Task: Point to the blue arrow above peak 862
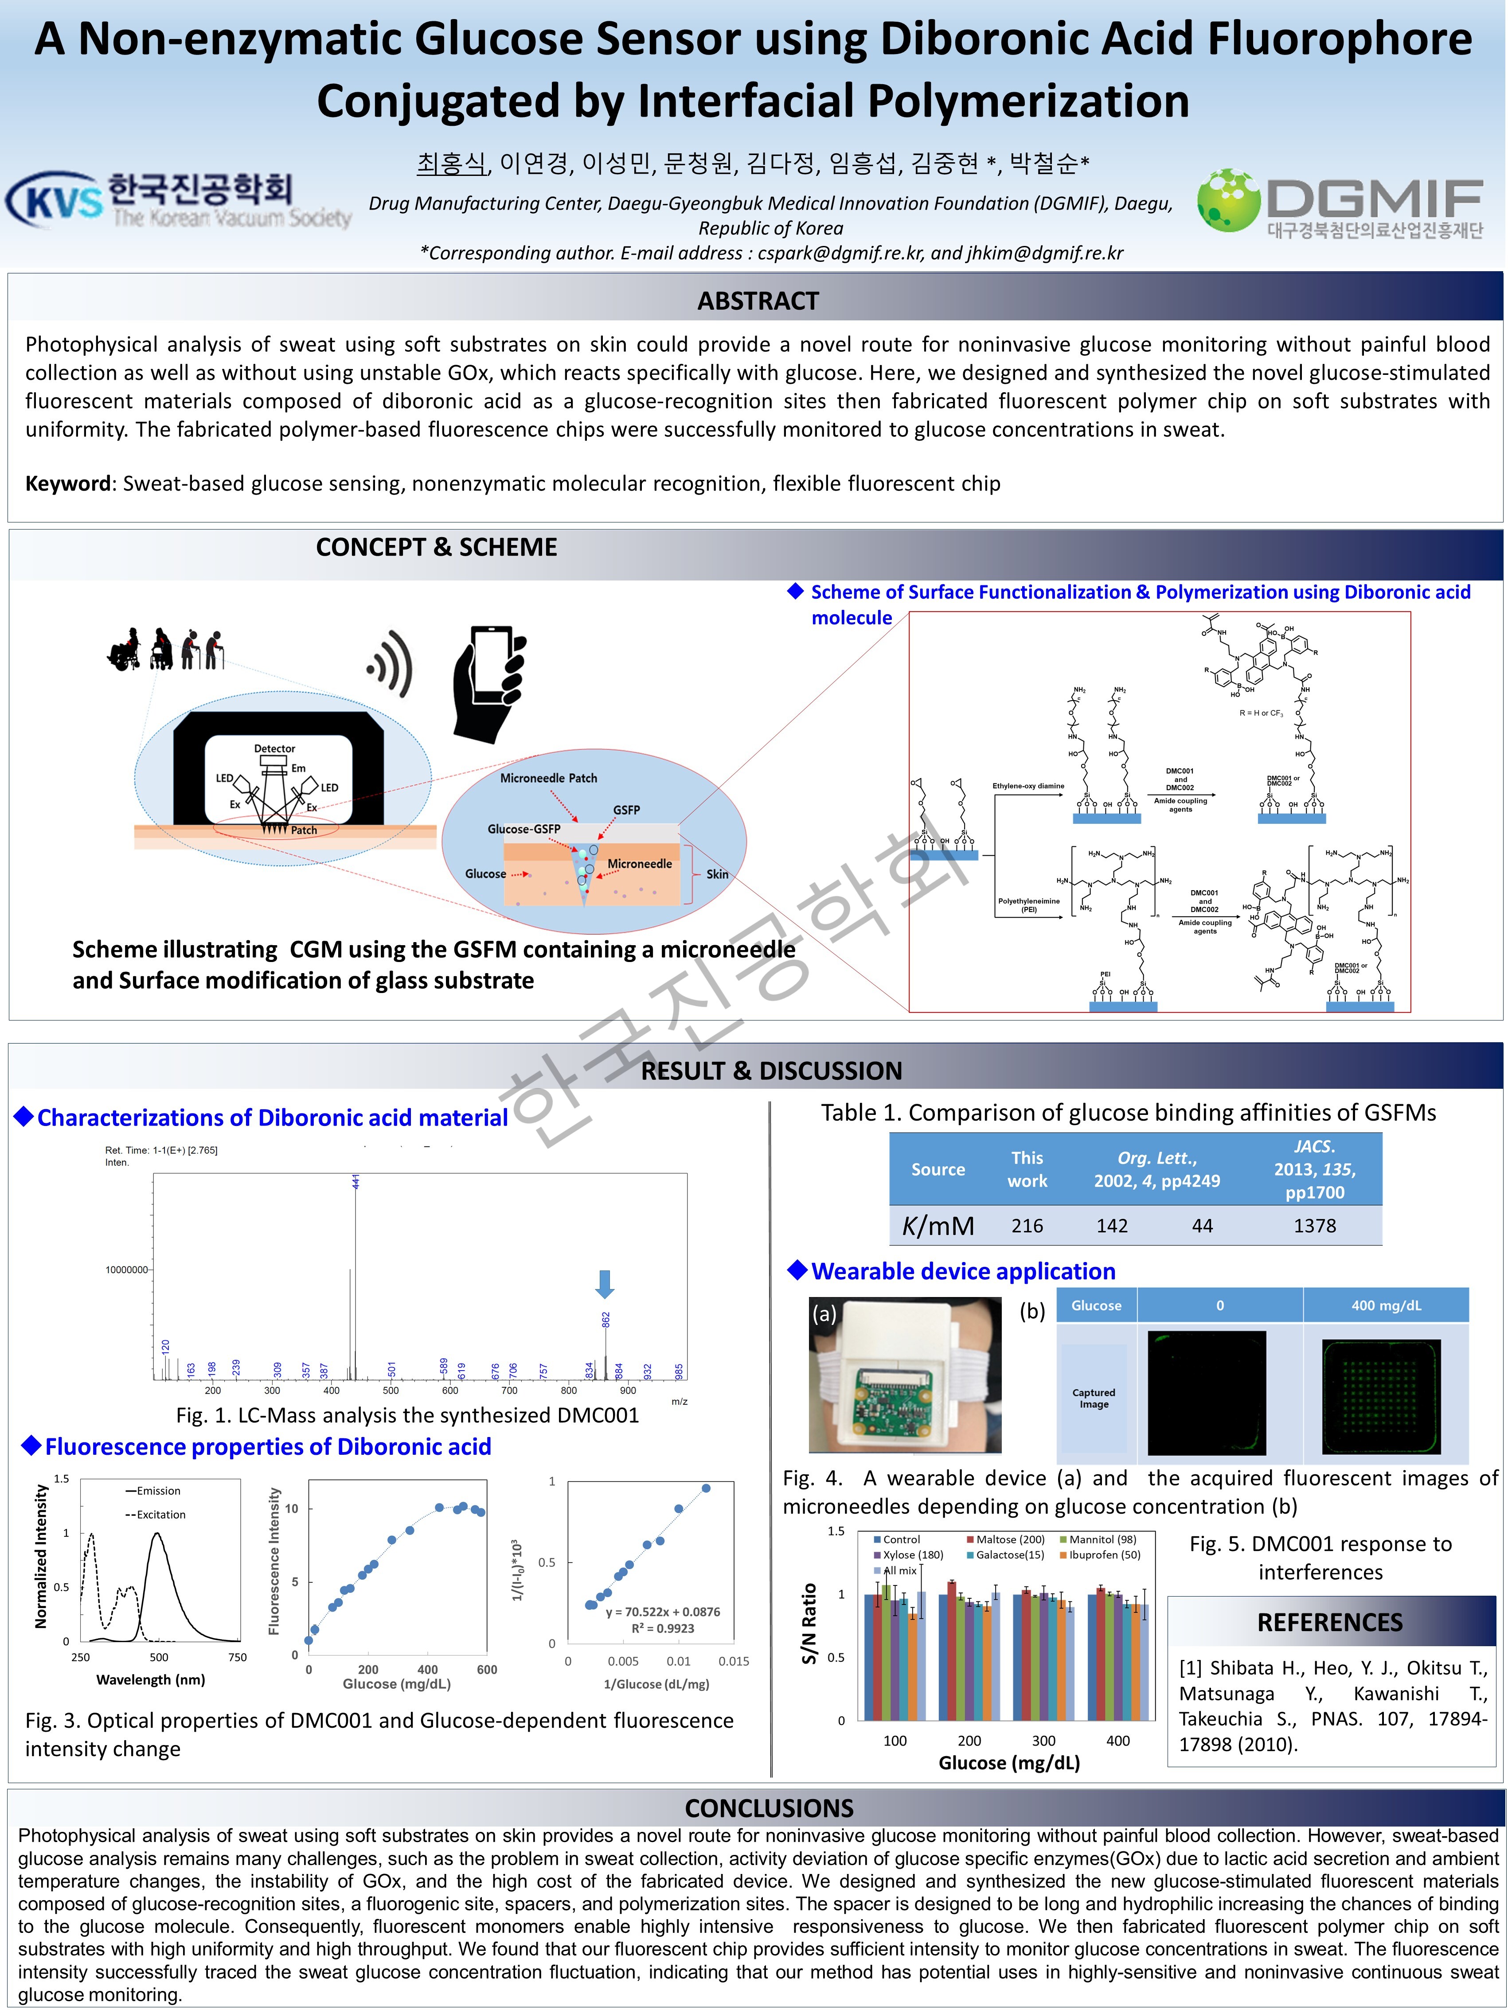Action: pos(605,1283)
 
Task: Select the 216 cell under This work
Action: pos(1027,1226)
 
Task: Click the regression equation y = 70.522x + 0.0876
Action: pos(663,1612)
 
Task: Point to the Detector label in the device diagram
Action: pos(274,749)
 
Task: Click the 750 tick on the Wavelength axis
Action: pos(237,1657)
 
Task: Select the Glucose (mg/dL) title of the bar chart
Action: pos(1009,1763)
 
